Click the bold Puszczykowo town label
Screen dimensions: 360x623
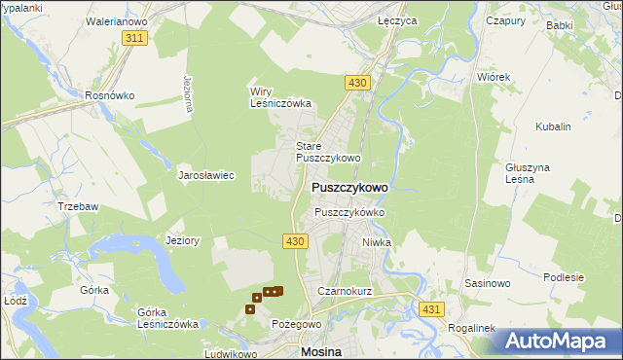pyautogui.click(x=349, y=188)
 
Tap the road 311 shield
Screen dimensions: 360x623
pyautogui.click(x=135, y=37)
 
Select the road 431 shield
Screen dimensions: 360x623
pyautogui.click(x=433, y=307)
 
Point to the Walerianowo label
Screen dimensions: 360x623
pyautogui.click(x=115, y=19)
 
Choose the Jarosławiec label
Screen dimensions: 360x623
pyautogui.click(x=205, y=176)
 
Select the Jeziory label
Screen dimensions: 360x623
pyautogui.click(x=183, y=240)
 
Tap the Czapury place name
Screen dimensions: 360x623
pyautogui.click(x=505, y=19)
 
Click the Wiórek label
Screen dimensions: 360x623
pyautogui.click(x=494, y=76)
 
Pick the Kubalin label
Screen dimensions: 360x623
pyautogui.click(x=553, y=126)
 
